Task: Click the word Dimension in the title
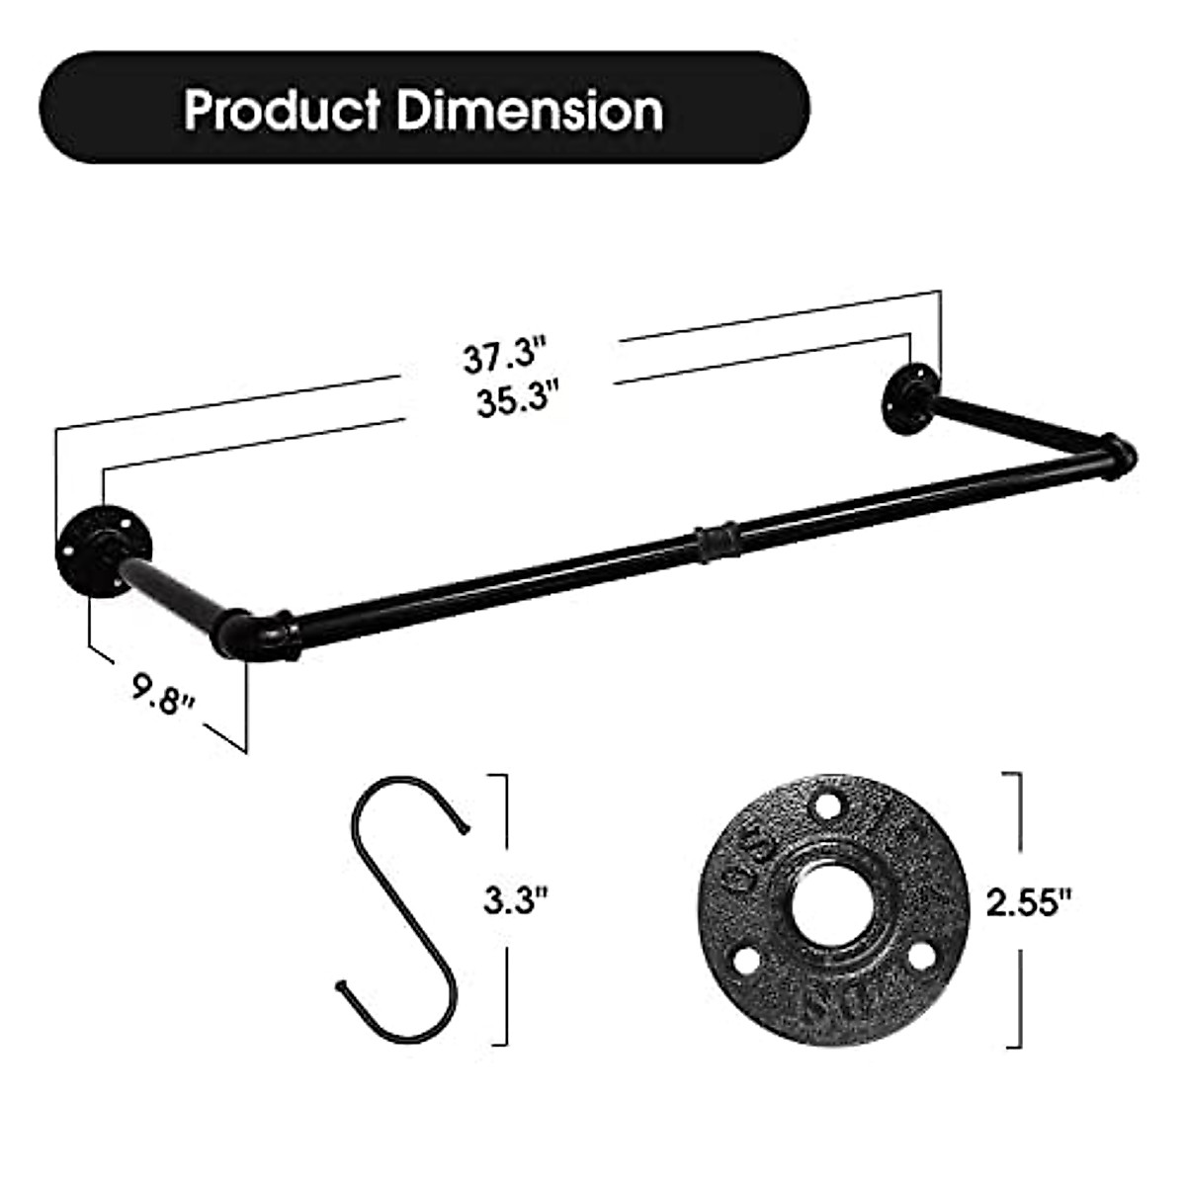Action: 529,110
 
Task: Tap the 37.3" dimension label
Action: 505,356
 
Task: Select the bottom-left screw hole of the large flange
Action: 748,957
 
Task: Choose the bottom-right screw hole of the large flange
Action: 921,955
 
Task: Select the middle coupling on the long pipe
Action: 714,543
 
